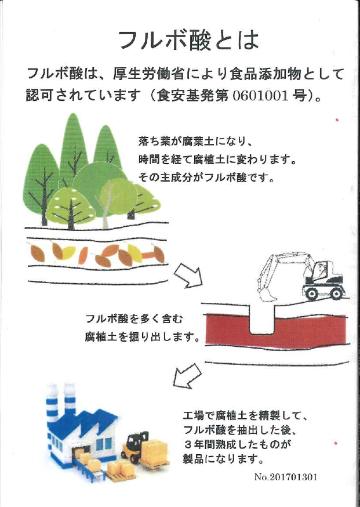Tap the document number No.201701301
(x=286, y=476)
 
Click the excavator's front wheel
(x=312, y=293)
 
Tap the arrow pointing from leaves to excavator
(x=188, y=275)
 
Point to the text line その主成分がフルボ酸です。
(x=206, y=178)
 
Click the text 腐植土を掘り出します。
(x=141, y=337)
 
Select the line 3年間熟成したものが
(x=237, y=444)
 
